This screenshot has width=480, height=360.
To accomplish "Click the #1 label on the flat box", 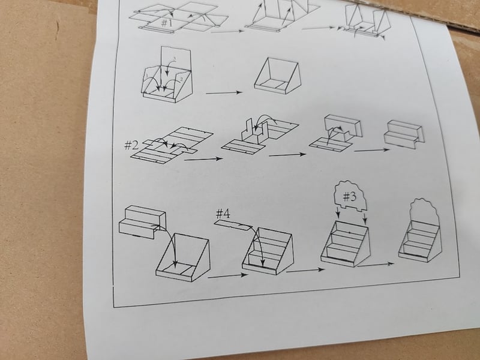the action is (167, 23).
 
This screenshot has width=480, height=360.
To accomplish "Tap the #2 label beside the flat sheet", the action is (131, 145).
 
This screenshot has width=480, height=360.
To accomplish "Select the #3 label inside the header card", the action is (349, 196).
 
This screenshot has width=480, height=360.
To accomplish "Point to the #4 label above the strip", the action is (223, 214).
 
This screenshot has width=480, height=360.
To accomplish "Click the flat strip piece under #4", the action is (233, 225).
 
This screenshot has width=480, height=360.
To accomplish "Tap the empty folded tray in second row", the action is (278, 76).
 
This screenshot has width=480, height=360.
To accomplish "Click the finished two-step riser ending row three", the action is (404, 134).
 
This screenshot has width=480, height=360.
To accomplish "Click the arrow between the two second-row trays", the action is (224, 93).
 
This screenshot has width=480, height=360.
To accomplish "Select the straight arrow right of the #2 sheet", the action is (203, 159).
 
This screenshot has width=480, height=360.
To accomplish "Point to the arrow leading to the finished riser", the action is (371, 150).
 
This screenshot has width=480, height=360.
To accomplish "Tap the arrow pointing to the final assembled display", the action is (376, 265).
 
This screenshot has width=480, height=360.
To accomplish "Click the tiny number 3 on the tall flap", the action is (175, 58).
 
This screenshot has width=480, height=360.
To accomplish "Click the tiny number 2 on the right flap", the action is (181, 79).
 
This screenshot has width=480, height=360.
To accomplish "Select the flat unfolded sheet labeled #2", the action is (172, 145).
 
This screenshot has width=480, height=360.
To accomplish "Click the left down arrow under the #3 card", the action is (338, 212).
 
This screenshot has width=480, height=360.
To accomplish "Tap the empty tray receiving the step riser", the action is (183, 257).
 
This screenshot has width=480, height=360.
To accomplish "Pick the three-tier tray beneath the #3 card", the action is (345, 244).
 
